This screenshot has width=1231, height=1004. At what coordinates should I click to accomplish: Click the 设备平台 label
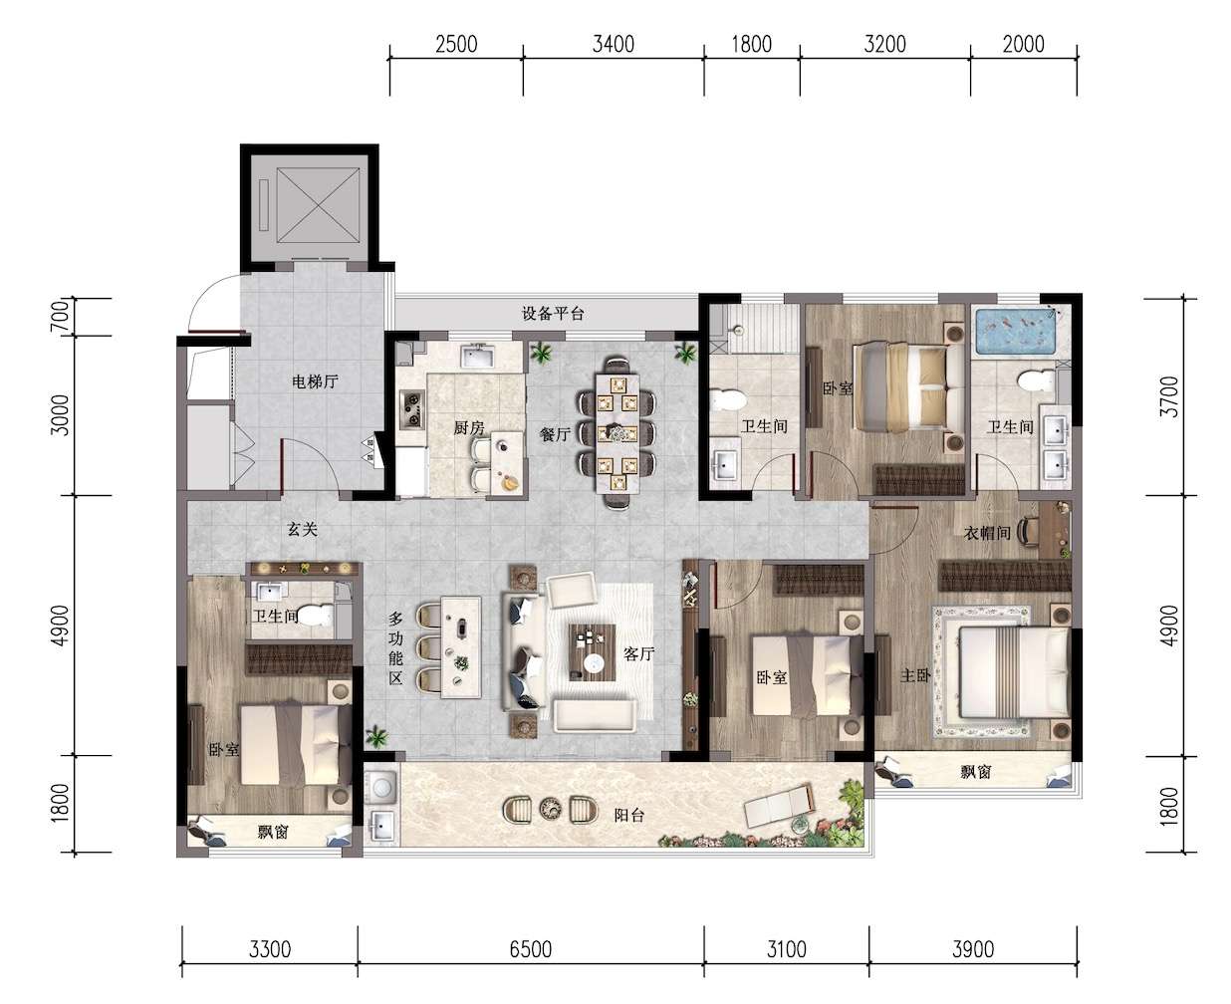coord(552,314)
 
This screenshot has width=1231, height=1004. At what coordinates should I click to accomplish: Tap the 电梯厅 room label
coord(315,381)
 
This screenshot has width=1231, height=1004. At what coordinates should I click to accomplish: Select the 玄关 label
coord(303,530)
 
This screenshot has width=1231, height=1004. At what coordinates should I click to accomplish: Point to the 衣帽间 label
coord(986,532)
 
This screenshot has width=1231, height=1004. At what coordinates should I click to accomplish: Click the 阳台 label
coord(628,815)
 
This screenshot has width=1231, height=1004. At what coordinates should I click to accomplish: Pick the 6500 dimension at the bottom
coord(530,949)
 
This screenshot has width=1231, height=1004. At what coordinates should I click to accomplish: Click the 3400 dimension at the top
coord(613,45)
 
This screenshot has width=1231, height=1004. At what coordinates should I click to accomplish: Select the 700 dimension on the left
coord(61,317)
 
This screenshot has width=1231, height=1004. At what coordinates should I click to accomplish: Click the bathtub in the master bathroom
coord(1017,333)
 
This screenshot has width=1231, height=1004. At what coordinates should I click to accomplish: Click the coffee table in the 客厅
coord(593,652)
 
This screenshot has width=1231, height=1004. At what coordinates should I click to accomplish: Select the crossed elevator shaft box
coord(318,205)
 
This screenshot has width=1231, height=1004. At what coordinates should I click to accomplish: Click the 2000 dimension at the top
coord(1023,45)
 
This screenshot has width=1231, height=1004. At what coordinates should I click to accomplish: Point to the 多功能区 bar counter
coord(461,646)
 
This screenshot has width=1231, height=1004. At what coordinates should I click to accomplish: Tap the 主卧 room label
coord(915,676)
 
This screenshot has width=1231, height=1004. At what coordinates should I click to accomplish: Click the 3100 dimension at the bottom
coord(786,949)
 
